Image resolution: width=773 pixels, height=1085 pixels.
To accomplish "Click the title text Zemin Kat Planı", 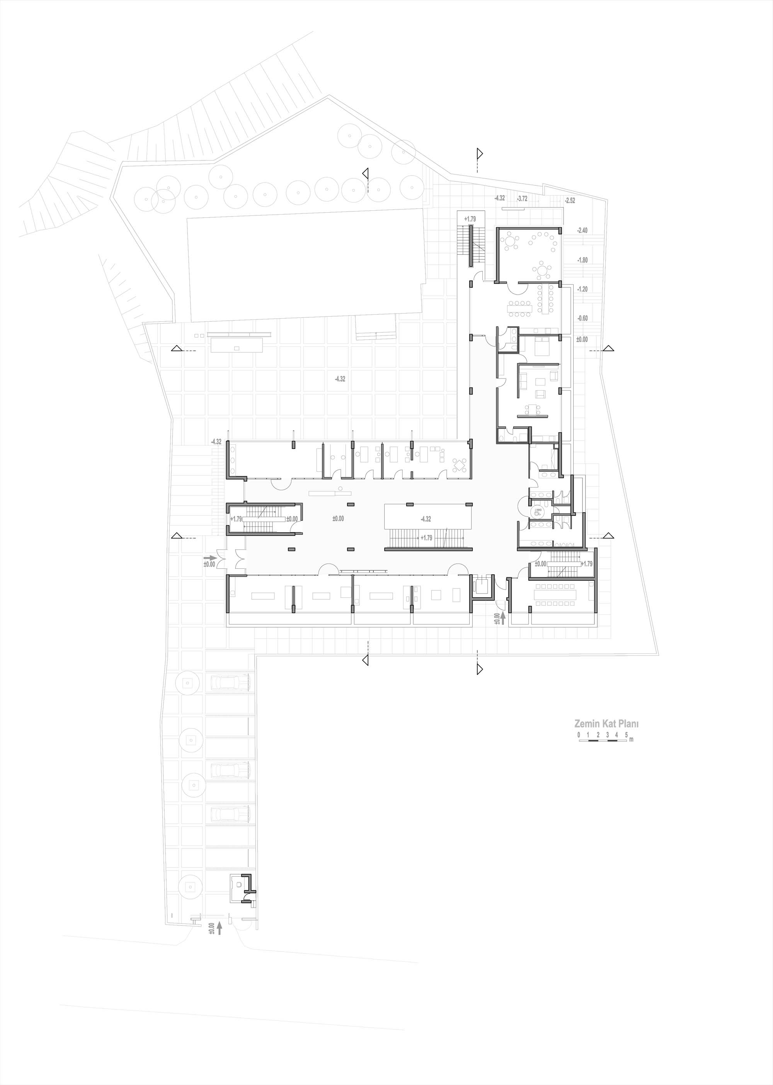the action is [x=606, y=723].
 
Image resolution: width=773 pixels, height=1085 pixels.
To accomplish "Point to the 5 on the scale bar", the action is [x=626, y=735].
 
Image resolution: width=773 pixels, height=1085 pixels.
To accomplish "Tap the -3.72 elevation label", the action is [x=522, y=198].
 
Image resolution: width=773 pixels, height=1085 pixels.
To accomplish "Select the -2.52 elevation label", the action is [x=570, y=200].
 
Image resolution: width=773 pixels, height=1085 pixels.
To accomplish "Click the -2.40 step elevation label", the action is [x=582, y=230].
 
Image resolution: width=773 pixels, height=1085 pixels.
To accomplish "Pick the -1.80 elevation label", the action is [x=582, y=260].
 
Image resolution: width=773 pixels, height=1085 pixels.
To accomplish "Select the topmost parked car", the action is [x=230, y=684].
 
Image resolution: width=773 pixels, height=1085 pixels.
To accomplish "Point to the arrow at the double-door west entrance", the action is [x=210, y=557].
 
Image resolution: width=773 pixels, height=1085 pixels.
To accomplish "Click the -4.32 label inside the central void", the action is [x=426, y=519].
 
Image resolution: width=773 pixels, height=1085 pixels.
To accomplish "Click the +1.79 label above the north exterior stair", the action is [x=470, y=219].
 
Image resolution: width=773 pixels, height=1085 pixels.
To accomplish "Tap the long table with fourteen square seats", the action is [x=555, y=595].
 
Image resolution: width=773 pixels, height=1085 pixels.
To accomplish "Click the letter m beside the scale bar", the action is [x=632, y=739].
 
